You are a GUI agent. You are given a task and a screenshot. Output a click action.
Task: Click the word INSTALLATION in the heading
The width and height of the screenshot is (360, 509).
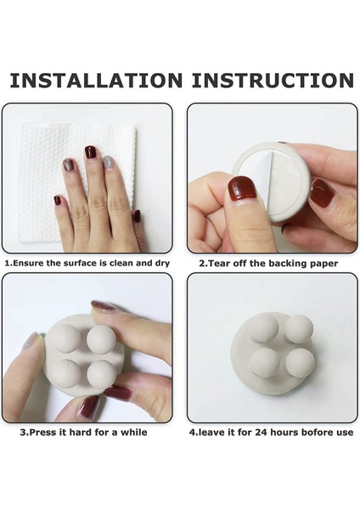(x=96, y=81)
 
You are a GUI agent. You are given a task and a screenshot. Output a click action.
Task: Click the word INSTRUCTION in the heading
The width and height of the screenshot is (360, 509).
(x=273, y=81)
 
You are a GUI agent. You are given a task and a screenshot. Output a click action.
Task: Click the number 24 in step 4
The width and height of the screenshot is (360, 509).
(x=261, y=433)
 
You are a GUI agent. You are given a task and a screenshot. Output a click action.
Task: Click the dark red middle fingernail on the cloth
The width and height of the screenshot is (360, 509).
(x=90, y=152)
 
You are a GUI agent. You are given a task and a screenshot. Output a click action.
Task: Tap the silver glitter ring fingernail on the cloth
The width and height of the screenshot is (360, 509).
(x=109, y=163)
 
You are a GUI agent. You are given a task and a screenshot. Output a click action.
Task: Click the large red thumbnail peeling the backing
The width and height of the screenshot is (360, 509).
(x=242, y=188)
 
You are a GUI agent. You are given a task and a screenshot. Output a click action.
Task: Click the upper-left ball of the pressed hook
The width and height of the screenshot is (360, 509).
(x=66, y=338)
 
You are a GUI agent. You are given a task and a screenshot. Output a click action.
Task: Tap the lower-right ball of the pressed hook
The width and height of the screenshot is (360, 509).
(x=101, y=374)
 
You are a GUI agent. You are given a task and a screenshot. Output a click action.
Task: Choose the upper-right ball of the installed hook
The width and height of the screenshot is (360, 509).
(x=299, y=328)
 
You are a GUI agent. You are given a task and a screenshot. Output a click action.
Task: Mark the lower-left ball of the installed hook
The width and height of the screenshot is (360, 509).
(x=265, y=362)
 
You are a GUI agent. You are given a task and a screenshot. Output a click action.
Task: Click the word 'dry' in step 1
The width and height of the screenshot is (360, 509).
(x=162, y=263)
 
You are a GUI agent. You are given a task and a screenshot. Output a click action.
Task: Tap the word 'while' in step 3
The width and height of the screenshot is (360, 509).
(x=134, y=433)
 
